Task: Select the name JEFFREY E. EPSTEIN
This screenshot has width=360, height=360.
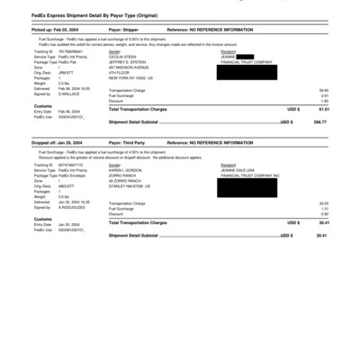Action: click(x=127, y=61)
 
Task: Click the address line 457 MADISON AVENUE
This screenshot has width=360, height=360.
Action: click(x=129, y=67)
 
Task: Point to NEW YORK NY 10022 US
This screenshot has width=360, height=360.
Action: click(x=131, y=77)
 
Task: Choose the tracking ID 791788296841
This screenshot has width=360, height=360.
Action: click(x=76, y=50)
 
